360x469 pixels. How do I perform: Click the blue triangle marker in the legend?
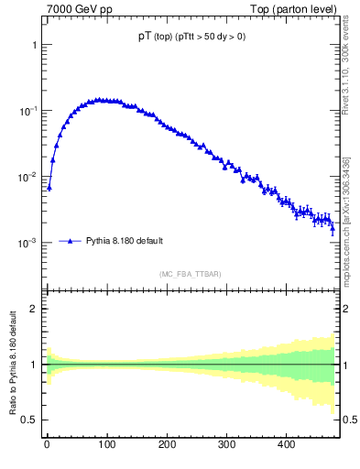coord(71,241)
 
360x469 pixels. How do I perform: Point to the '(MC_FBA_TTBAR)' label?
coord(190,274)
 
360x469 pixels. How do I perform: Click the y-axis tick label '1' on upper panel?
coord(33,45)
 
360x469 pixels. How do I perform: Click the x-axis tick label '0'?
coord(47,445)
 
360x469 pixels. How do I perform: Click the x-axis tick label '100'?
coord(106,445)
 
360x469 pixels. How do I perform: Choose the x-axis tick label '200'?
coord(167,445)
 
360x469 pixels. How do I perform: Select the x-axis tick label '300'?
coord(226,445)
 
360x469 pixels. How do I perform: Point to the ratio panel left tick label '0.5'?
coord(28,420)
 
